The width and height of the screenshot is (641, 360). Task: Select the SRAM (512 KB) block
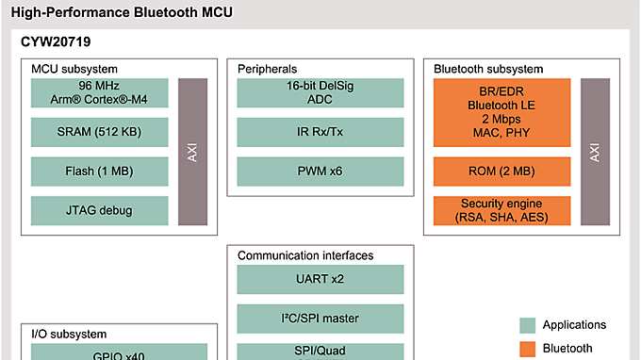pos(98,132)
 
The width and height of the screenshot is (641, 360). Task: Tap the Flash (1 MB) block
pos(98,172)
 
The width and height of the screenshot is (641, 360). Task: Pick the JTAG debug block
pos(98,211)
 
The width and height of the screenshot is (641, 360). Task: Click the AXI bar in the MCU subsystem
pos(192,152)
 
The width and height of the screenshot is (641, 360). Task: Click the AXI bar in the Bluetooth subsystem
pos(595,152)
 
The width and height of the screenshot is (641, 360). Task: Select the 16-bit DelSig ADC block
pos(320,92)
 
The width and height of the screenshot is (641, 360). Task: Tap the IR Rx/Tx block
pos(320,132)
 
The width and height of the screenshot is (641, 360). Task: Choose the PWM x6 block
pos(320,172)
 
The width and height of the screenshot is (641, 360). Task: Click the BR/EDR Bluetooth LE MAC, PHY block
pos(501,112)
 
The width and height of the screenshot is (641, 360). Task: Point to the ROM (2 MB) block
pos(501,172)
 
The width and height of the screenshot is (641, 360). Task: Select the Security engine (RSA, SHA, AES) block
pos(501,211)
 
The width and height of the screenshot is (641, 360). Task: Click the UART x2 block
pos(320,279)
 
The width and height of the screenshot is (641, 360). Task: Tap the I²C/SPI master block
pos(320,318)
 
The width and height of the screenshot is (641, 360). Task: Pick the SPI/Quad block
pos(320,351)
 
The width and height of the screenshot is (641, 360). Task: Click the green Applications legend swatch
pos(528,325)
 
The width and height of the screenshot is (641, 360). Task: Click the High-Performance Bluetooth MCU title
pos(121,13)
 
